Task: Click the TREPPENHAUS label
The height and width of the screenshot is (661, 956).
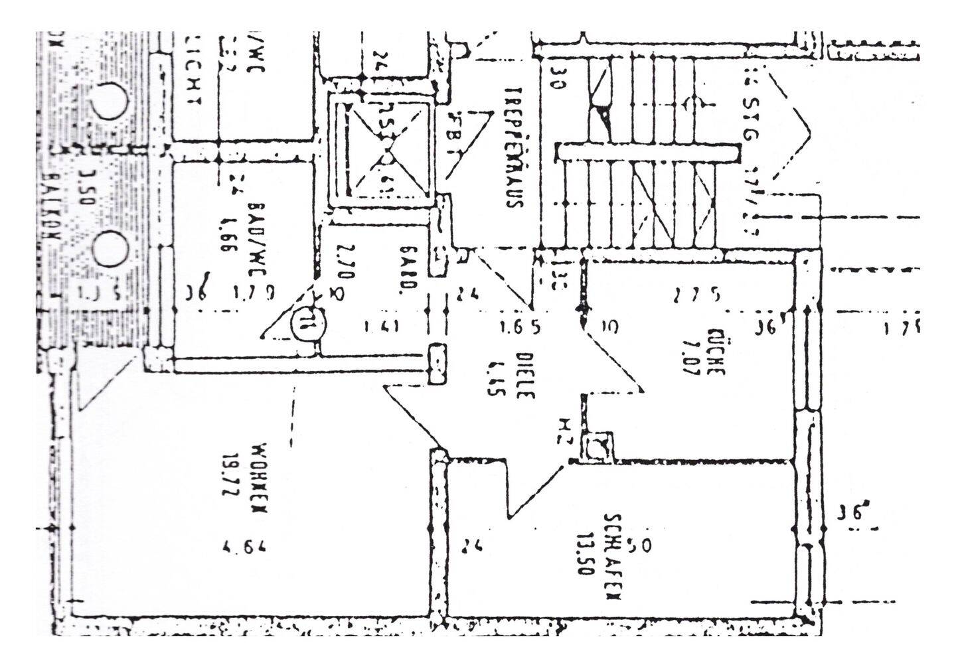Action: [511, 147]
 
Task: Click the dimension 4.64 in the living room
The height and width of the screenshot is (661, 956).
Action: [246, 548]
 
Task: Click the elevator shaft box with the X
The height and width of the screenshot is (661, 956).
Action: [384, 153]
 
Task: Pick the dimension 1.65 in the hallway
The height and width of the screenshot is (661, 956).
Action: [519, 327]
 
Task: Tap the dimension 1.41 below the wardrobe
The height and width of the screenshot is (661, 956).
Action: [382, 327]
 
